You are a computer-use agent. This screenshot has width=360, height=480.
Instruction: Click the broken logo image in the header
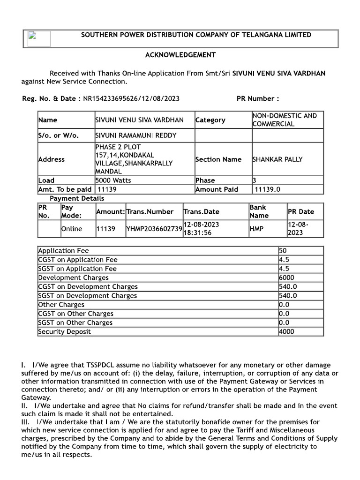38,38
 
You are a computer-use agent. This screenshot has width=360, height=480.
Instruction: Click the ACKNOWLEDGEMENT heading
180,55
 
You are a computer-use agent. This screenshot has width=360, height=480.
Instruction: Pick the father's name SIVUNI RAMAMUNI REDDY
129,136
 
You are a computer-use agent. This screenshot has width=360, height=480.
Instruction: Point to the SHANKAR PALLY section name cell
277,159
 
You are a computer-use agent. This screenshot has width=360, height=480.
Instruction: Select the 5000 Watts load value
113,180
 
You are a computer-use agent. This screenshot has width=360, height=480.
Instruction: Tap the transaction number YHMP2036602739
154,229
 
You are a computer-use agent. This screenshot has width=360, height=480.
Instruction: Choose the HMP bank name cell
256,229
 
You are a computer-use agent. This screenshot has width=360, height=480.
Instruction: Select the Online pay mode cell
72,229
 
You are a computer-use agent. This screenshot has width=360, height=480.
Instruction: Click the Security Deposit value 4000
286,332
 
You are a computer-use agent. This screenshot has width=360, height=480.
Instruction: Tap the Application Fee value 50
283,251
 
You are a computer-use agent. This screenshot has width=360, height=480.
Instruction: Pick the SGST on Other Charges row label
75,322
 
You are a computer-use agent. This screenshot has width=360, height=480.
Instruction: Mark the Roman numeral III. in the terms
25,422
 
